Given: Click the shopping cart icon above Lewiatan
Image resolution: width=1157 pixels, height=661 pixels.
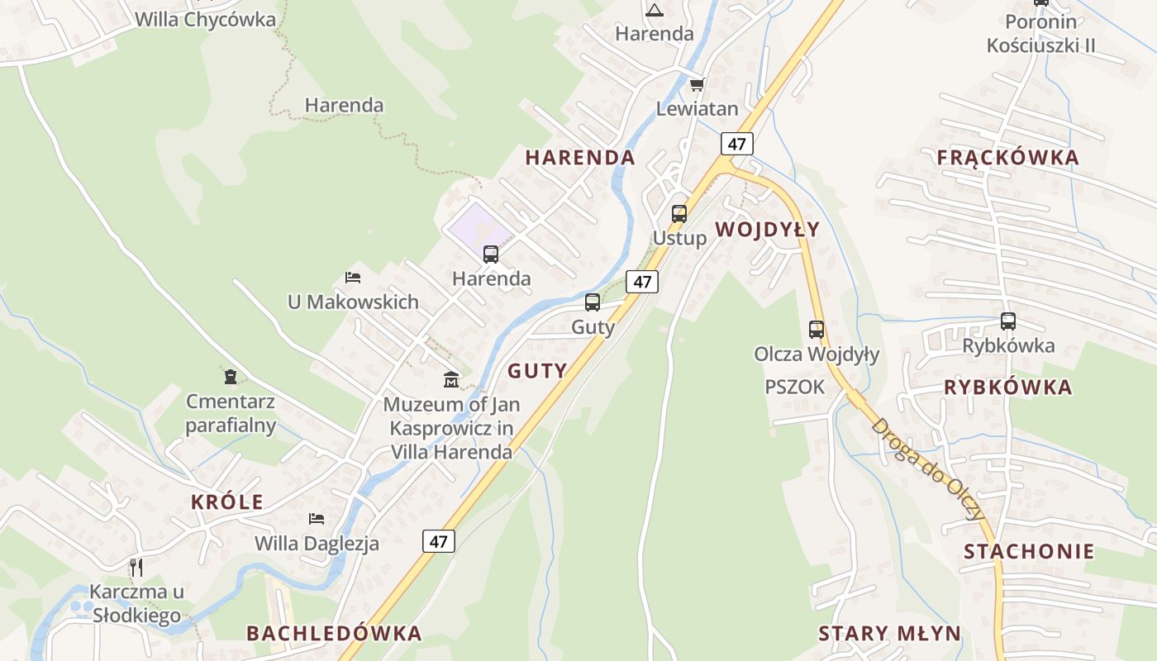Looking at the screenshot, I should [x=697, y=84].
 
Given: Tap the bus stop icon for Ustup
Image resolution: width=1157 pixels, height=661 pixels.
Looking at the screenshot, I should [x=679, y=213].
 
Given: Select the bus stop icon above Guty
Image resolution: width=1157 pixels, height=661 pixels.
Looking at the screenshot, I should [x=593, y=302].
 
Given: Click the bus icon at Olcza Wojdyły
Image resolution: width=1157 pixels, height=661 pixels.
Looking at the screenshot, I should [x=817, y=329].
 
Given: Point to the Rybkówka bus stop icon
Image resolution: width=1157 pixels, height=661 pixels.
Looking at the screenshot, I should [x=1008, y=321].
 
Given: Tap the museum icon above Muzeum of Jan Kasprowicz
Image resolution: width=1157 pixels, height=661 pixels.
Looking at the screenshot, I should [x=451, y=379].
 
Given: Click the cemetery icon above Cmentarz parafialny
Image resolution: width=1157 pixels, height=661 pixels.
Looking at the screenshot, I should [x=231, y=377].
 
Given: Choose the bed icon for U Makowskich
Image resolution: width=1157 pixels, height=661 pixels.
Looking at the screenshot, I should [x=353, y=278].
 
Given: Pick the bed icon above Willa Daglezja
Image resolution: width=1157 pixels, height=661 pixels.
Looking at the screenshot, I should [x=317, y=518].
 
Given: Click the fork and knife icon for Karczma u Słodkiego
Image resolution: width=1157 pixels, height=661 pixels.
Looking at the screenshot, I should [x=136, y=567].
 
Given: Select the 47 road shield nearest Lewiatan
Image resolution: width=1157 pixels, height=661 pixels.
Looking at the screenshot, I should [x=736, y=144].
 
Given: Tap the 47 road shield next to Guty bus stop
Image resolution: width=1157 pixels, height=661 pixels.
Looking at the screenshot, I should [x=642, y=282].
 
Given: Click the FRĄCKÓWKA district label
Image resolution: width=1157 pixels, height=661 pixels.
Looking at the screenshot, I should [x=1007, y=158].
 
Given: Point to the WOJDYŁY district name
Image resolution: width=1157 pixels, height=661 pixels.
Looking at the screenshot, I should [x=767, y=230].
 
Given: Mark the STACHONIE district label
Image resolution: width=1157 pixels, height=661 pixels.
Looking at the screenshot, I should [x=1028, y=551].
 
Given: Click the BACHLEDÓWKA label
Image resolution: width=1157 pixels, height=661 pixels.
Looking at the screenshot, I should [x=334, y=634].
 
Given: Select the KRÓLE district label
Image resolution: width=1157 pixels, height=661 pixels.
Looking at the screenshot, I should [x=227, y=502].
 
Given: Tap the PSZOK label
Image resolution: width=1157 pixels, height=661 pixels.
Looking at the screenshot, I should [x=794, y=387].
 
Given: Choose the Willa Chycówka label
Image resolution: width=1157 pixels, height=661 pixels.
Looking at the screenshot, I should [x=205, y=20].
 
